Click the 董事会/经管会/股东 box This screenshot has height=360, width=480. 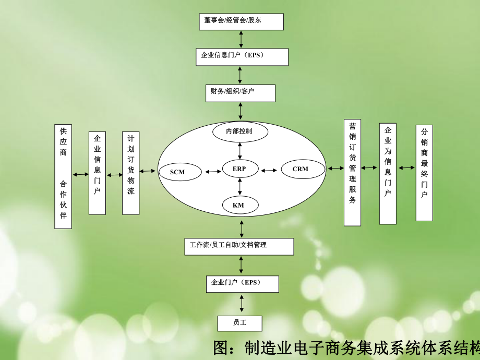click(x=241, y=21)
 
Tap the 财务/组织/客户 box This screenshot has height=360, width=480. click(x=240, y=92)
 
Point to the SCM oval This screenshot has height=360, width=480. click(x=178, y=172)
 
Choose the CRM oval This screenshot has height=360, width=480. click(x=301, y=169)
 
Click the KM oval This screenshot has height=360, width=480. click(x=239, y=205)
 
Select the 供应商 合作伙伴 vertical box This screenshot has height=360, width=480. click(x=63, y=176)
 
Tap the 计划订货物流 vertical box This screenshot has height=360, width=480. click(x=131, y=173)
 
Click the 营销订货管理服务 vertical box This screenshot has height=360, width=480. click(x=353, y=172)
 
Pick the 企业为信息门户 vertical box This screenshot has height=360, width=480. click(x=388, y=173)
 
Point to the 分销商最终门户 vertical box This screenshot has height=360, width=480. click(x=424, y=172)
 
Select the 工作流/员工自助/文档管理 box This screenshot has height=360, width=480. click(x=239, y=246)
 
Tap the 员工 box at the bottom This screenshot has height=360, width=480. click(x=240, y=323)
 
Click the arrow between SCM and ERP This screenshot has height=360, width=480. click(x=213, y=171)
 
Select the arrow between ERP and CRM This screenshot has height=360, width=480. click(x=269, y=170)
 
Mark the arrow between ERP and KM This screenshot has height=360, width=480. click(x=239, y=185)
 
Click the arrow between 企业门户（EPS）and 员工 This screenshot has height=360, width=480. click(x=241, y=303)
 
